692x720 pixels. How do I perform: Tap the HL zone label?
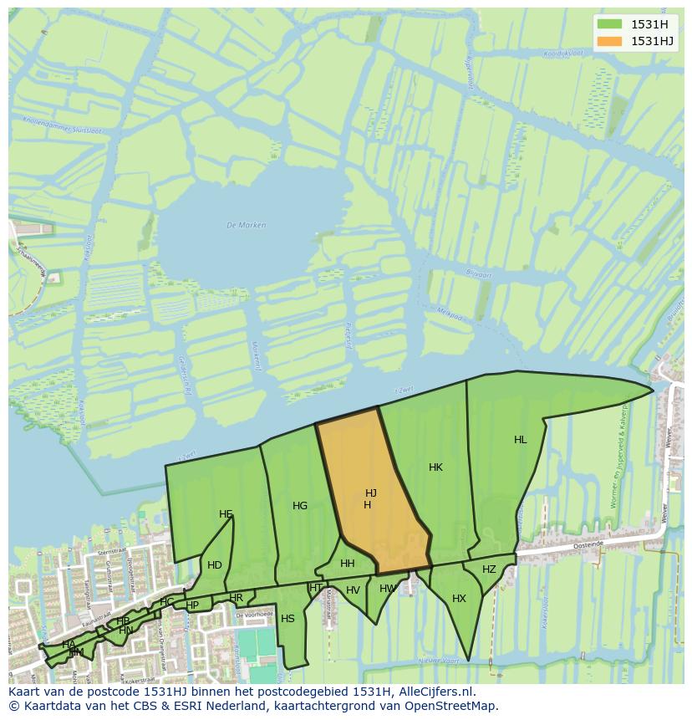(521, 440)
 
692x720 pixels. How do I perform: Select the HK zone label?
(435, 467)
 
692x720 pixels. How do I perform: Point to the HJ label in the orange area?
(371, 493)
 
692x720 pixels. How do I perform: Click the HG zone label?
(300, 506)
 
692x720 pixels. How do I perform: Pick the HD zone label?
(215, 565)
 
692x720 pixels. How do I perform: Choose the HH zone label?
(348, 564)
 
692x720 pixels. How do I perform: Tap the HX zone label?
(459, 599)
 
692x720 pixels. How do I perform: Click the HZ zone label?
(489, 569)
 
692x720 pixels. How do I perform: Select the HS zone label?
(287, 619)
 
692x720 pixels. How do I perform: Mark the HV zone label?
(353, 590)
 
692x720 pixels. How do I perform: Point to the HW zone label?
(387, 589)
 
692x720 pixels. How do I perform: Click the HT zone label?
(316, 588)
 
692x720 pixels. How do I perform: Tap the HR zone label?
(237, 598)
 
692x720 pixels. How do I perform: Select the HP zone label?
(192, 605)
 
